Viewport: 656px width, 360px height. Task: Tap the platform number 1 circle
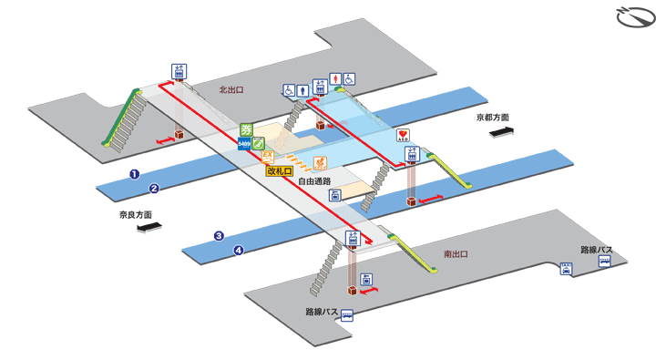coord(133,173)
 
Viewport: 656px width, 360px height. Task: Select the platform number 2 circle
coord(155,189)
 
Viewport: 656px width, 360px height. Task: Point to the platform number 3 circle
coord(219,236)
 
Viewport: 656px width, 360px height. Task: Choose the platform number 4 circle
coord(240,251)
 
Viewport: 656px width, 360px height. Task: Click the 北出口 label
coord(231,89)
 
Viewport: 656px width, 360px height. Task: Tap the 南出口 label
coord(456,253)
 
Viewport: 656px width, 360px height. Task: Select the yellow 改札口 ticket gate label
coord(279,170)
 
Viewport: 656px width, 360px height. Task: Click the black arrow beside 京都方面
coord(502,133)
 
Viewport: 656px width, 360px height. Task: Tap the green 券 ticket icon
coord(246,130)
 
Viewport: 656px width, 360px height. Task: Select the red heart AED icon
coord(404,135)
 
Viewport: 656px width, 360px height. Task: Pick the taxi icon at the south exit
coord(566,268)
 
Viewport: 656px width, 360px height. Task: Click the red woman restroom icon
coord(334,79)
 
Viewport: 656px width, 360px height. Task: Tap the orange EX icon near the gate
coord(268,157)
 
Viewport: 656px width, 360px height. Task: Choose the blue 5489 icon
coord(244,143)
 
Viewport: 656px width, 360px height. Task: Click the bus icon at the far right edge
coord(604,261)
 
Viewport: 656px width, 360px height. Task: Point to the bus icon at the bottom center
coord(346,315)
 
